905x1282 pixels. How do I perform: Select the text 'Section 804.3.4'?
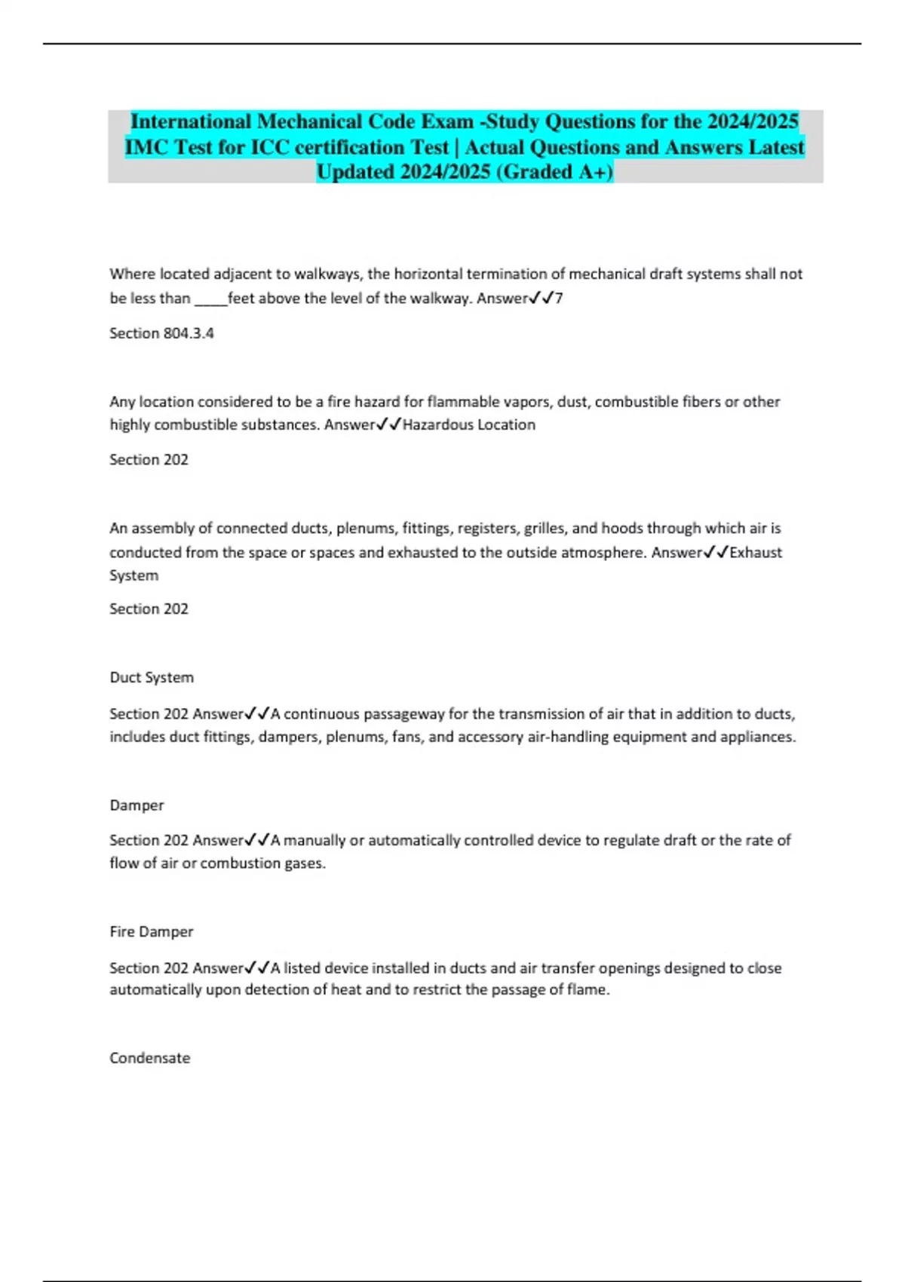pyautogui.click(x=161, y=333)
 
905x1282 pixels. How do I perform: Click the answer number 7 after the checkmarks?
pyautogui.click(x=559, y=298)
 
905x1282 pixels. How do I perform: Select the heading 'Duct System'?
pyautogui.click(x=152, y=677)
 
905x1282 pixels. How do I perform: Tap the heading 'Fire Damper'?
pyautogui.click(x=152, y=931)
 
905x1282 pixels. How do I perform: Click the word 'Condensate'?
pyautogui.click(x=150, y=1058)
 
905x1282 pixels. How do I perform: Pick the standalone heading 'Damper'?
pyautogui.click(x=137, y=805)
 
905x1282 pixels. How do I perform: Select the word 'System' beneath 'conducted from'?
pyautogui.click(x=134, y=575)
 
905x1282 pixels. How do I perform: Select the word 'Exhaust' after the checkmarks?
pyautogui.click(x=756, y=552)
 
